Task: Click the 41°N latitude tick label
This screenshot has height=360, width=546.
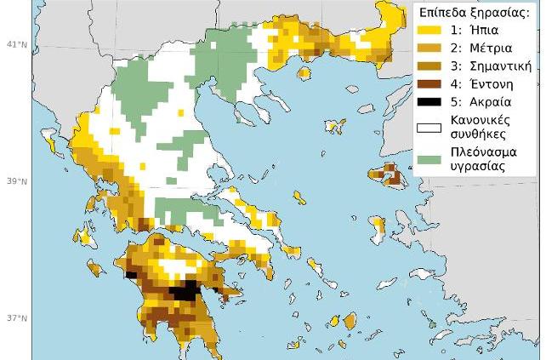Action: click(x=17, y=43)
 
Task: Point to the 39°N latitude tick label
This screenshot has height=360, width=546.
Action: click(x=17, y=181)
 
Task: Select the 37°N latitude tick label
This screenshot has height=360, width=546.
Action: click(x=17, y=319)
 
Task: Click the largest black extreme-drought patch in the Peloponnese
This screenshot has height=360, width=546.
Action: click(x=185, y=291)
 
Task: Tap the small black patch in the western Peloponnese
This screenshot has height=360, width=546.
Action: click(x=131, y=274)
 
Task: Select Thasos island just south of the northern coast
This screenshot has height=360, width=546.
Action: click(x=304, y=73)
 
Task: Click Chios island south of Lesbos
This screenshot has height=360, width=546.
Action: click(x=378, y=227)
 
